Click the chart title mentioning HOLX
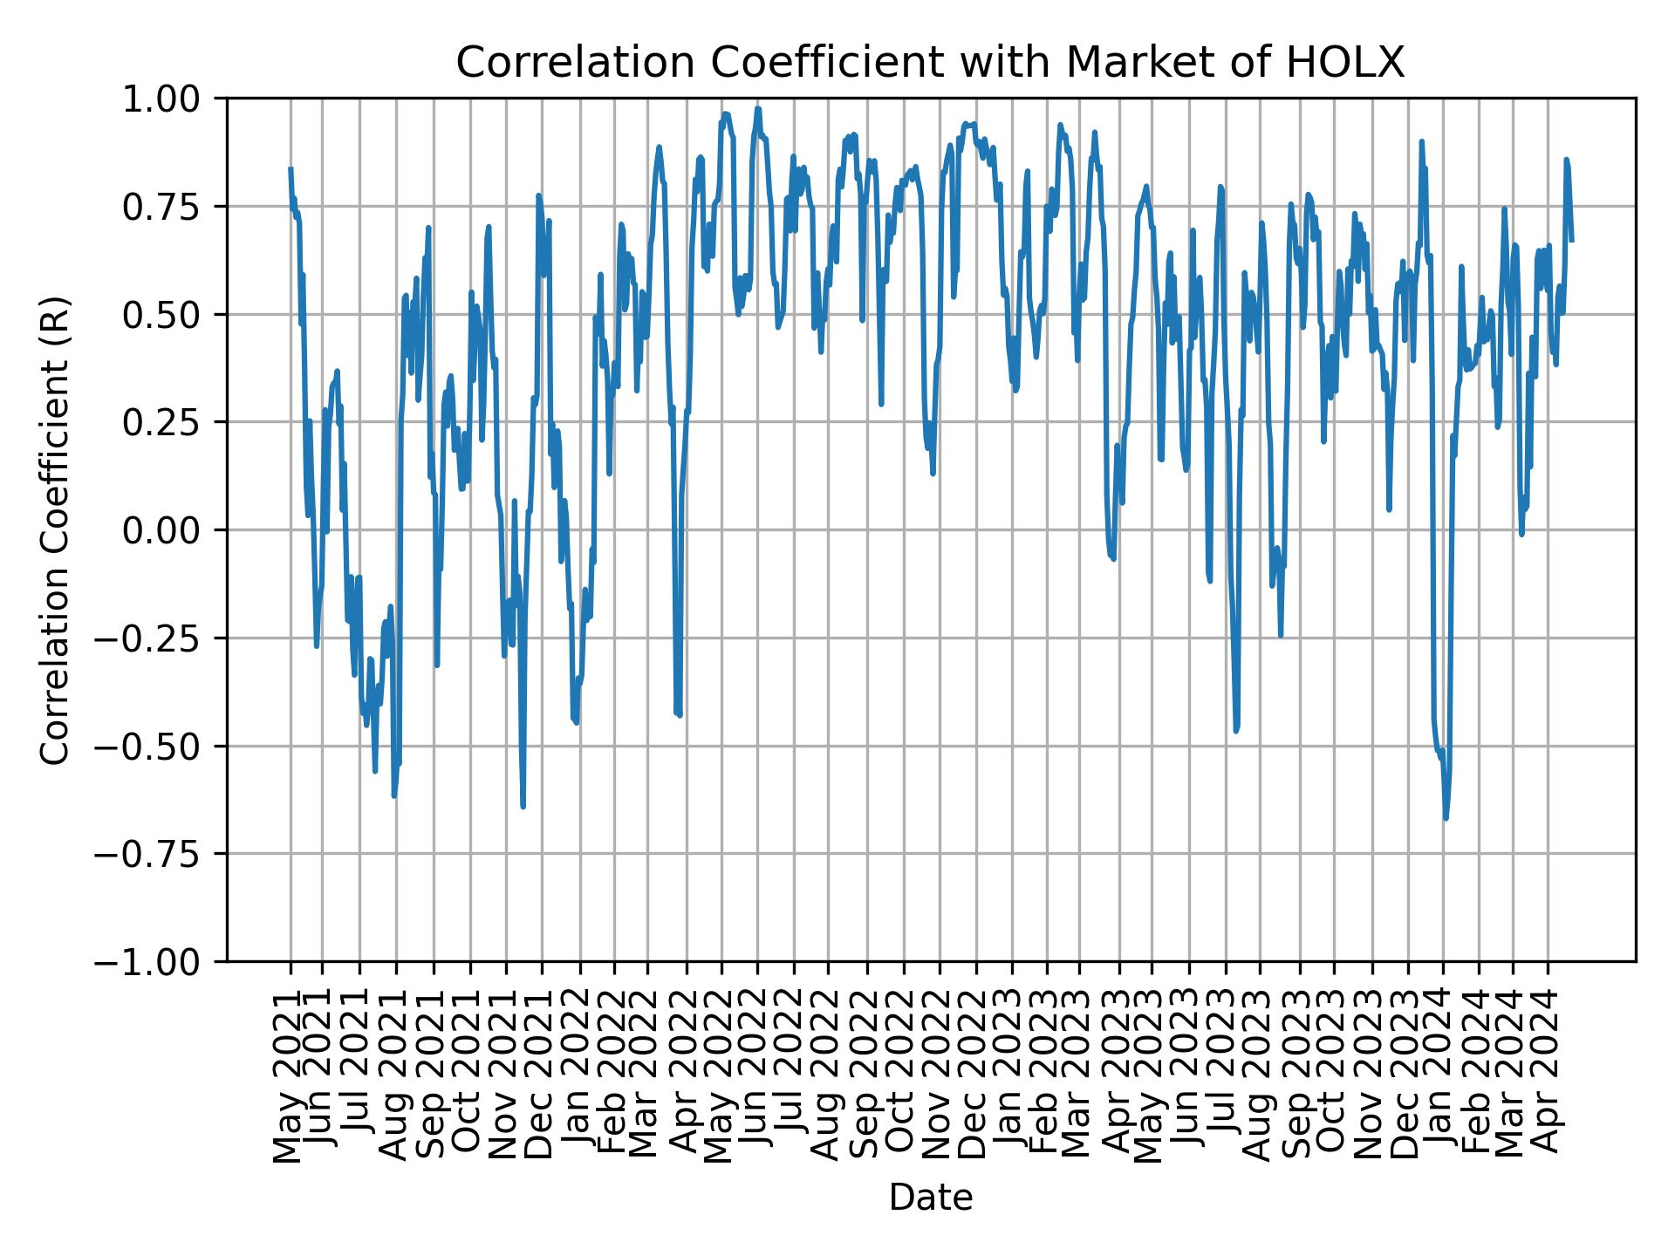tap(930, 63)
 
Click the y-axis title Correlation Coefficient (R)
tap(55, 529)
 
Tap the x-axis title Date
tap(930, 1198)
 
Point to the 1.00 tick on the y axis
tap(173, 99)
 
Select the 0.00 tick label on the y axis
tap(173, 530)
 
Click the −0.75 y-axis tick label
tap(165, 854)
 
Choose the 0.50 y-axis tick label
tap(173, 315)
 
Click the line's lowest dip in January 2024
tap(1446, 818)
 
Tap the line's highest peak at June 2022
tap(758, 109)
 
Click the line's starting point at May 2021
tap(291, 168)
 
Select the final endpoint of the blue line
tap(1572, 240)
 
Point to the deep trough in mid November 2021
tap(523, 806)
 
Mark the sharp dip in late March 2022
tap(680, 715)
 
